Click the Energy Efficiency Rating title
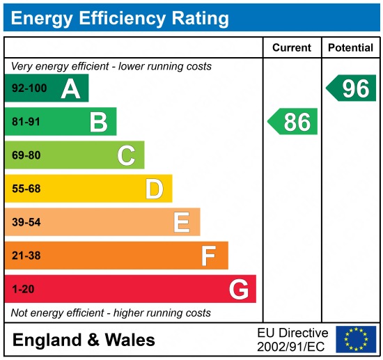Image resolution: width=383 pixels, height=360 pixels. click(120, 17)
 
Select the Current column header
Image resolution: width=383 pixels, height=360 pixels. click(292, 48)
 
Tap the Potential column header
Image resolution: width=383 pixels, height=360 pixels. click(350, 48)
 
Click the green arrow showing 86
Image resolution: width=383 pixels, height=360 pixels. click(293, 122)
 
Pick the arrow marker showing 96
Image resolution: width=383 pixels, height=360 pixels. click(352, 88)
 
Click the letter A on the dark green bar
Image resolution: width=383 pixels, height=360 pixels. click(70, 89)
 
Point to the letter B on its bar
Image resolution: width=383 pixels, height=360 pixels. click(98, 123)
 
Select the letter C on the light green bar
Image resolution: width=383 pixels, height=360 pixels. click(126, 155)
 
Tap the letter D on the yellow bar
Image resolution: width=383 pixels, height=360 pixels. click(154, 189)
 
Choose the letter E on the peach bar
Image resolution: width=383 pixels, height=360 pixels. click(182, 222)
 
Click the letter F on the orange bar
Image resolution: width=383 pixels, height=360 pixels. click(209, 256)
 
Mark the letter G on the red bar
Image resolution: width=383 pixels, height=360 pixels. click(239, 289)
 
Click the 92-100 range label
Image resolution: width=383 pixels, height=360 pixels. click(27, 89)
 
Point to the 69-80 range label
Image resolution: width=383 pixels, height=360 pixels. click(26, 155)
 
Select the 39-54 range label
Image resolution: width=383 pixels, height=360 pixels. click(26, 222)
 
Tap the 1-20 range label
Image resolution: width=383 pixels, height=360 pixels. click(22, 289)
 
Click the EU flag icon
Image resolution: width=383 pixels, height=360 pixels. click(355, 339)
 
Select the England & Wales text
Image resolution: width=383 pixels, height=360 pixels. click(84, 340)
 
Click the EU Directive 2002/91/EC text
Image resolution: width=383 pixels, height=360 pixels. click(292, 340)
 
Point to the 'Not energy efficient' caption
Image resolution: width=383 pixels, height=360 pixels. click(111, 313)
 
